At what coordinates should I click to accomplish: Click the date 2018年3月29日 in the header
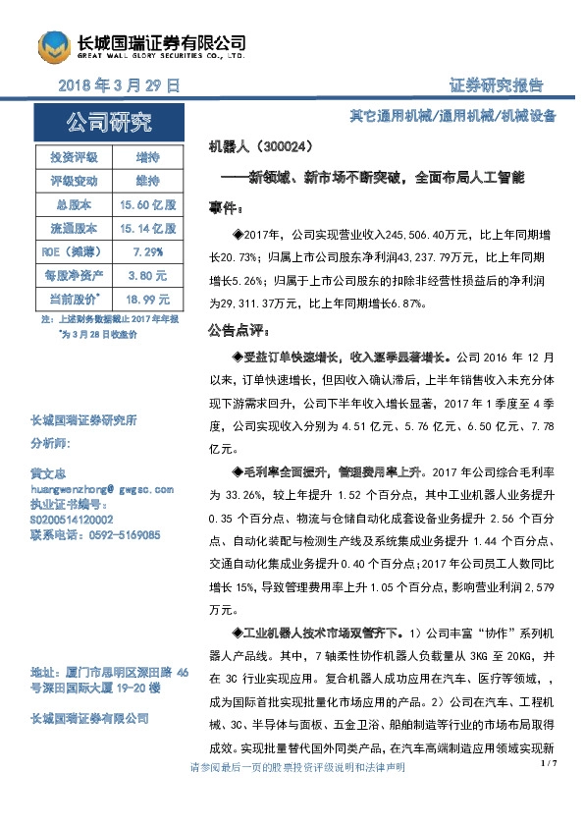point(121,85)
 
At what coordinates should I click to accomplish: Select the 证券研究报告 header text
point(496,85)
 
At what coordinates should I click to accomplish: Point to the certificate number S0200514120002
point(73,520)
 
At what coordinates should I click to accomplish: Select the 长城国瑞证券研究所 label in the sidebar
point(83,421)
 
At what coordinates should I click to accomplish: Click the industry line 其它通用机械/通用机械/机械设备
point(452,115)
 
